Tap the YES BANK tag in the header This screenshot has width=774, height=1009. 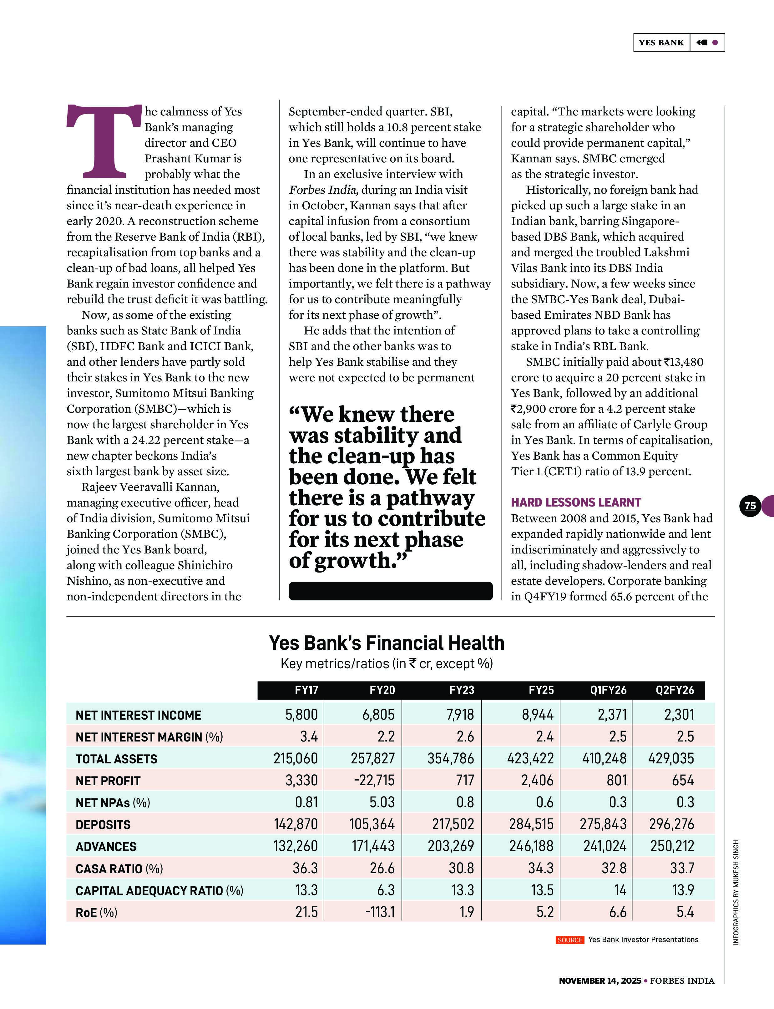tap(661, 43)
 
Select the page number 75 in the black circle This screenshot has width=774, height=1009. tap(750, 506)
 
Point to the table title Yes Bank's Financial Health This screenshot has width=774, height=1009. tap(386, 643)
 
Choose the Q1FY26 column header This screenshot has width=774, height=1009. tap(608, 690)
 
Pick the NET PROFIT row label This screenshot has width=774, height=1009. tap(108, 781)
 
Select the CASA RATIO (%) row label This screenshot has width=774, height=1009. tap(119, 869)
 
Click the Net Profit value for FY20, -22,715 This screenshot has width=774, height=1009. tap(374, 780)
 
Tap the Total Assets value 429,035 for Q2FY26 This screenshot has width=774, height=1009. tap(671, 758)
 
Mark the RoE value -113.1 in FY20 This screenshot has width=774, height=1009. tap(380, 912)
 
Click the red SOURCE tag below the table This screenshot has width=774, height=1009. tap(569, 940)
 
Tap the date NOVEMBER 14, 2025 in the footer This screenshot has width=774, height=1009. tap(599, 981)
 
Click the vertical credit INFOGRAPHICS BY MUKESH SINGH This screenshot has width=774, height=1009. tap(736, 892)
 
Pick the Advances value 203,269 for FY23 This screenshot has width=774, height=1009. tap(451, 846)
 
